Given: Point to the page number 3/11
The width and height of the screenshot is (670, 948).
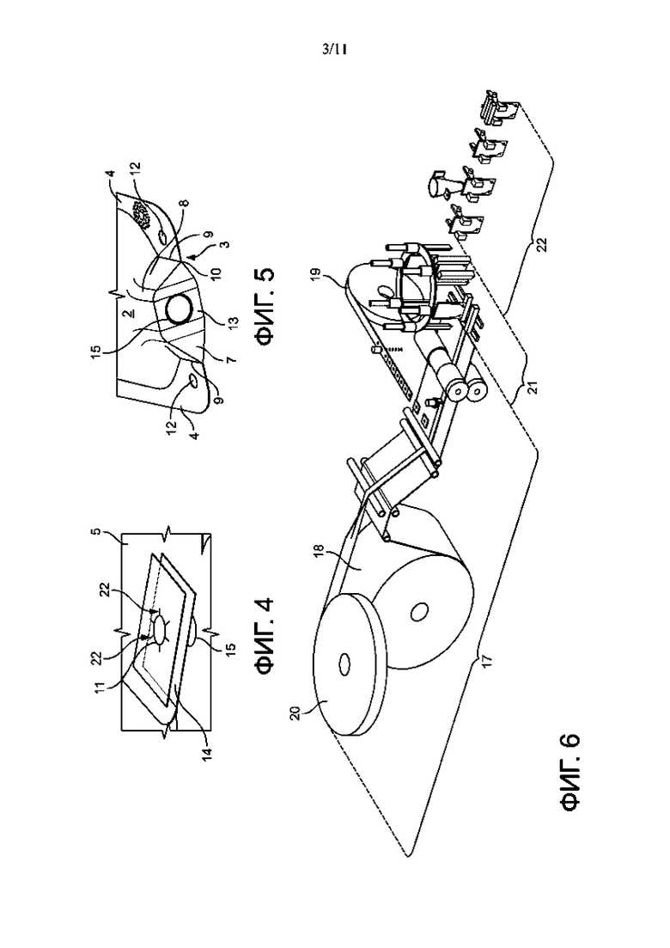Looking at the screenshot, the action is pos(335,50).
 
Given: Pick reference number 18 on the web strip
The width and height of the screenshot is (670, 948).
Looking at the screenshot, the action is pos(319,554).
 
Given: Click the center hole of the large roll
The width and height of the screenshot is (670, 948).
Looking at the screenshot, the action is pos(417,613).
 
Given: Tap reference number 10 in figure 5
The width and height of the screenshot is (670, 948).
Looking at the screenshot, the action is pos(216,273).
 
